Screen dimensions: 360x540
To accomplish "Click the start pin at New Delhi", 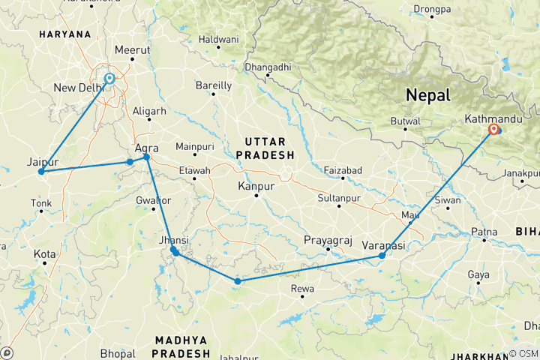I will pos(109,79).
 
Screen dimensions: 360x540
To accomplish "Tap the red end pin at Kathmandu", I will pos(493,130).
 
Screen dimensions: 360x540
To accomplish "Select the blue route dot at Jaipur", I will pos(42,172).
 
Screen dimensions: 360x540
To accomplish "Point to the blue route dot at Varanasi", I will pos(382,256).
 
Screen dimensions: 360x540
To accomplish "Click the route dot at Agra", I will pos(146,157).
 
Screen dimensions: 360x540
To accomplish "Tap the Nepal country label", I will pos(427,95).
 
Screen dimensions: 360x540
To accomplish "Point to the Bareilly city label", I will pos(213,85).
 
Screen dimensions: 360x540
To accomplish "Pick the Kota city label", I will pos(45,255).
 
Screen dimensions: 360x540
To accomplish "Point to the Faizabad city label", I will pos(342,170).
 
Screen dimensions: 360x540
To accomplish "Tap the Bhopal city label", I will pos(117,352).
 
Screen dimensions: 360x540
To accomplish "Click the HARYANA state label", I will pos(65,34).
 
